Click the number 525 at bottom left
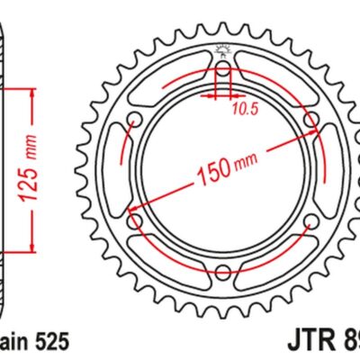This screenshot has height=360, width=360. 49,343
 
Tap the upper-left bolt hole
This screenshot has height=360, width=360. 136,121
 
